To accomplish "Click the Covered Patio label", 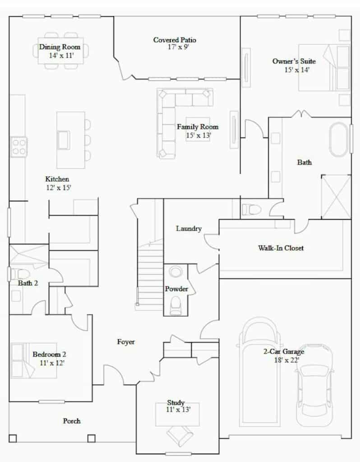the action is [175, 40].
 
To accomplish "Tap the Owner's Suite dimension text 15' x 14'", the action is [297, 70].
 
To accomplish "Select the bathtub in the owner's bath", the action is [338, 140].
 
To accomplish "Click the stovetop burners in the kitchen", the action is [19, 147].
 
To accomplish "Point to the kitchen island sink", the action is [64, 140].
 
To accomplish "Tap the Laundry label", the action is [189, 228].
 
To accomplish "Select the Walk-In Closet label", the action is [281, 248].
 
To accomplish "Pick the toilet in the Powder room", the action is [175, 306].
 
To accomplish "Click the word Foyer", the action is [126, 342].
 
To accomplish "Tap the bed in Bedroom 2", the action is [33, 360].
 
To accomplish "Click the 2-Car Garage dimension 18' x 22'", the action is [286, 360].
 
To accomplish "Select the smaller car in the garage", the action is [314, 385].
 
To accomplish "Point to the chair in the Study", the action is [180, 434].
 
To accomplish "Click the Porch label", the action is [72, 421].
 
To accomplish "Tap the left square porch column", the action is [13, 439].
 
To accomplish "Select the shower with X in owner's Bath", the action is [336, 197].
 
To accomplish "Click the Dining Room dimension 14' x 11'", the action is [61, 55].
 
